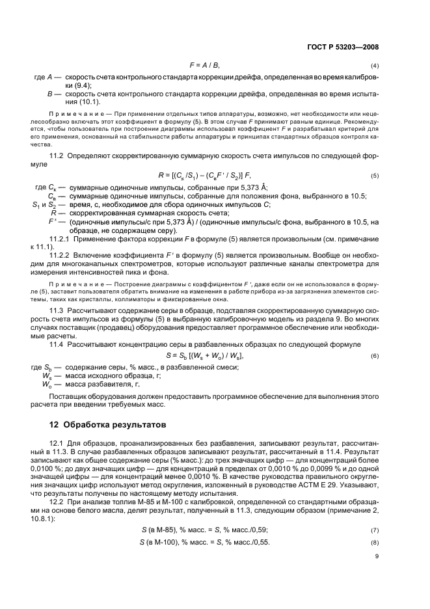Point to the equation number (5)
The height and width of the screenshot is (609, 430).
tap(375, 176)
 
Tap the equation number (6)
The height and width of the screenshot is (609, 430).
tap(375, 357)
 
